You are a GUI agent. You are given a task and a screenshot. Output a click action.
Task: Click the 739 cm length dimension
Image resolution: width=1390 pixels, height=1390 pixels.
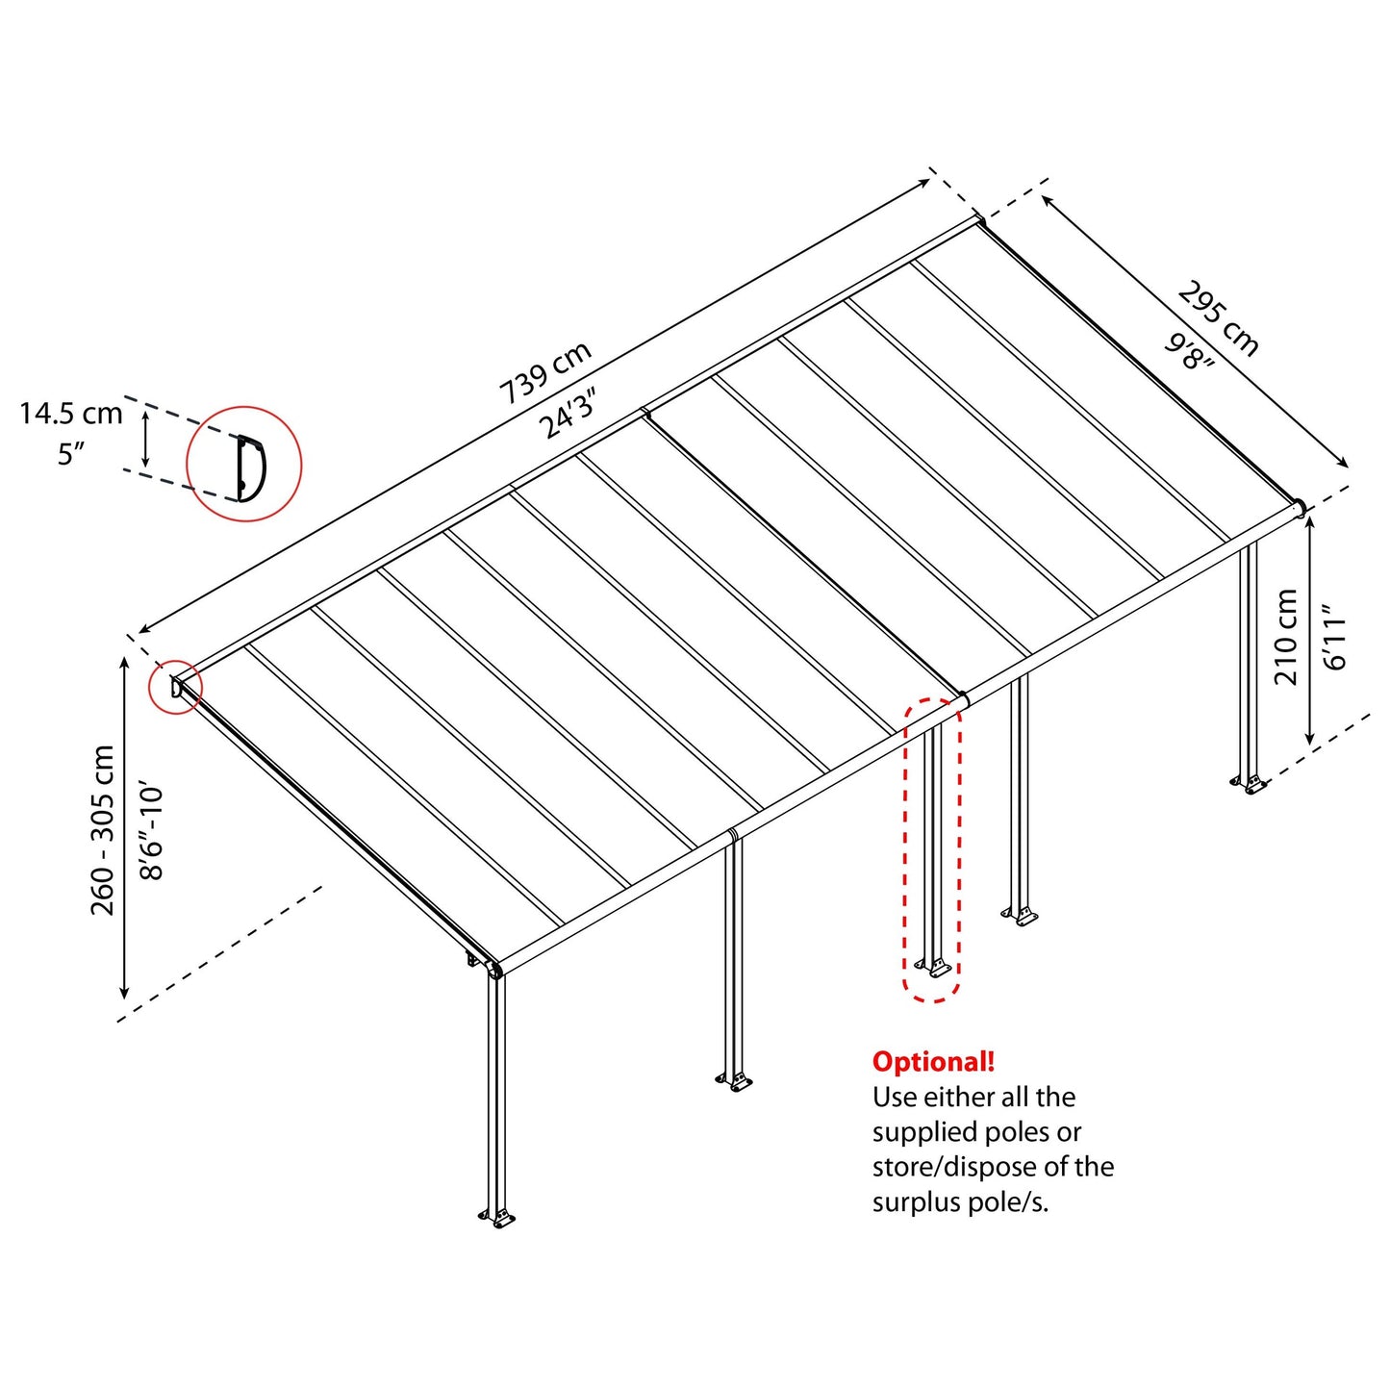pyautogui.click(x=544, y=373)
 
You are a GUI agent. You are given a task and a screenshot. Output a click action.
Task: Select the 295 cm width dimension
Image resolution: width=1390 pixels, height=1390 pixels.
pyautogui.click(x=1218, y=318)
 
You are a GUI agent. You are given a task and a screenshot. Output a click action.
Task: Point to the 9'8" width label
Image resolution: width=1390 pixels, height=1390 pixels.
pyautogui.click(x=1190, y=352)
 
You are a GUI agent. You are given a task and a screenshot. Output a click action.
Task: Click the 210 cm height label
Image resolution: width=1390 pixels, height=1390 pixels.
pyautogui.click(x=1286, y=637)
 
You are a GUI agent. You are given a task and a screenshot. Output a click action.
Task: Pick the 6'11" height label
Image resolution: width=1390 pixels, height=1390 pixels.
pyautogui.click(x=1337, y=637)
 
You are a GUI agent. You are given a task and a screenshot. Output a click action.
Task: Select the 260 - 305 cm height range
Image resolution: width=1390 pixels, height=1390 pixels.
pyautogui.click(x=103, y=829)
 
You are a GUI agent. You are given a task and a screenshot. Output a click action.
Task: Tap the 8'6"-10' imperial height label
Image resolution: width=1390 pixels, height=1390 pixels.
pyautogui.click(x=153, y=832)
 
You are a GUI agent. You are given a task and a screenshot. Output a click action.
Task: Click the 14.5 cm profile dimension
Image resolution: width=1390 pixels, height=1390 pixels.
pyautogui.click(x=71, y=414)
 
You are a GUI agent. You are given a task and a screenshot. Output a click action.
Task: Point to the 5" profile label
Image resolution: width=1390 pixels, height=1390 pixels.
pyautogui.click(x=71, y=453)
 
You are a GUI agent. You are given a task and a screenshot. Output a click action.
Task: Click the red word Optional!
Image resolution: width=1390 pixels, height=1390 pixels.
pyautogui.click(x=933, y=1062)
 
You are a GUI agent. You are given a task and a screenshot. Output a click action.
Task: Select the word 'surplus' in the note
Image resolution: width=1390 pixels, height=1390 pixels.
pyautogui.click(x=914, y=1201)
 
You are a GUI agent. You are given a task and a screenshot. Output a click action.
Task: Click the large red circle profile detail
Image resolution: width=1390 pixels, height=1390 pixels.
pyautogui.click(x=244, y=465)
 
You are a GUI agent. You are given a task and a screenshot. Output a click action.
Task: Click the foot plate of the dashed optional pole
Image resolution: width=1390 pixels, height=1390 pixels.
pyautogui.click(x=933, y=968)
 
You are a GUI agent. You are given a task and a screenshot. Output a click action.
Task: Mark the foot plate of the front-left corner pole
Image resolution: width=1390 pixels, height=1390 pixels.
pyautogui.click(x=497, y=1220)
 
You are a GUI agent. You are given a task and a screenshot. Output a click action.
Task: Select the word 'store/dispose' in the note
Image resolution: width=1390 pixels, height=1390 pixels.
pyautogui.click(x=955, y=1167)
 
